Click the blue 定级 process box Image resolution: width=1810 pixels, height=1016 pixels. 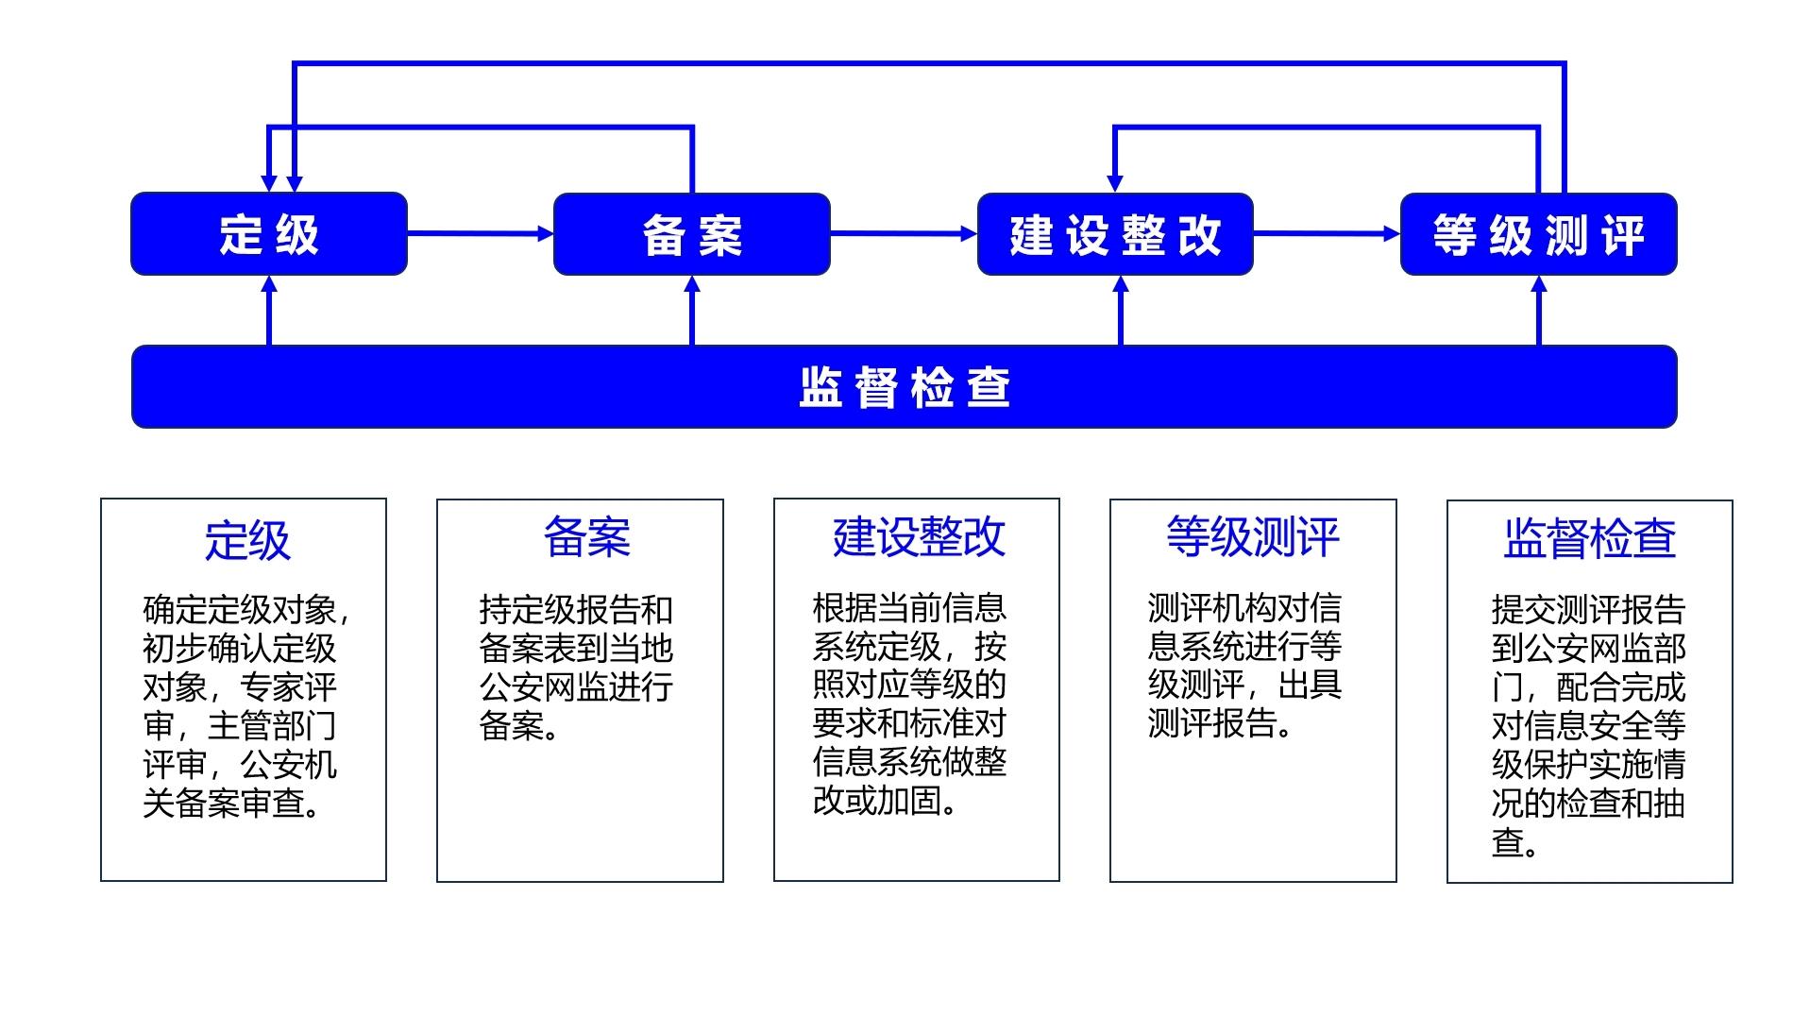(x=269, y=234)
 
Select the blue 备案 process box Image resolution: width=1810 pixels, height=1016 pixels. (x=691, y=234)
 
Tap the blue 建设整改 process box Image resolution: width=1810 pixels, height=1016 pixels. (x=1115, y=234)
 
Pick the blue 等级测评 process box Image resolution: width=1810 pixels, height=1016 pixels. (x=1538, y=234)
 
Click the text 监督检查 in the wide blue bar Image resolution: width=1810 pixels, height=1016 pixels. (x=904, y=387)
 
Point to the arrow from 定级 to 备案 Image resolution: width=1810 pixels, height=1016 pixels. (x=480, y=233)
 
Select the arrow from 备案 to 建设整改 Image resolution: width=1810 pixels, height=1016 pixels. (x=903, y=233)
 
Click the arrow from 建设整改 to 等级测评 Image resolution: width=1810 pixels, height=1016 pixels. (x=1326, y=233)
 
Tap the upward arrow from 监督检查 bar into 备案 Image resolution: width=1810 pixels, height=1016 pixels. (x=692, y=311)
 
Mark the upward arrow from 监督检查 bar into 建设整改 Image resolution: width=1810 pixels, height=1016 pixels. (x=1121, y=311)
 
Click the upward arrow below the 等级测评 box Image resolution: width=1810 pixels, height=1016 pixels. (x=1538, y=311)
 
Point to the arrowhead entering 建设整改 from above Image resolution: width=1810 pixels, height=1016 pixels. (x=1115, y=182)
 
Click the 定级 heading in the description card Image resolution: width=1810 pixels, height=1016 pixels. (x=246, y=540)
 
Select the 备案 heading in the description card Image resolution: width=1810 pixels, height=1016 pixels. (x=586, y=537)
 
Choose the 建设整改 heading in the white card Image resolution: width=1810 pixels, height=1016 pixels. (x=918, y=537)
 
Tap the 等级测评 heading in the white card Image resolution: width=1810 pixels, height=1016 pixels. (x=1252, y=537)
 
